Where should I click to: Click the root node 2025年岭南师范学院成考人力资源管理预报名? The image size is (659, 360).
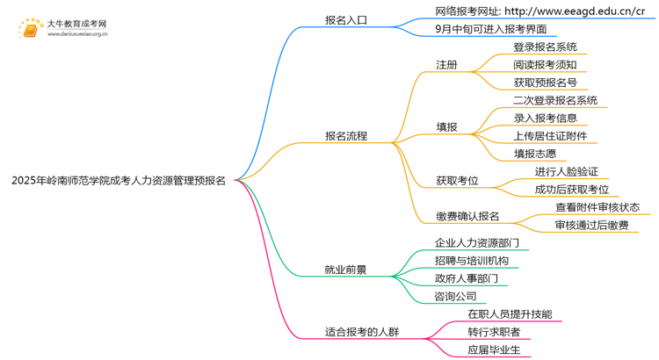tap(118, 181)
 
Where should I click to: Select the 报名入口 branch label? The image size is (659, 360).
tap(346, 19)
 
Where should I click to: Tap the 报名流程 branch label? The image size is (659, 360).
tap(346, 136)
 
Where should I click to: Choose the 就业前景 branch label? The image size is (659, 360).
tap(346, 270)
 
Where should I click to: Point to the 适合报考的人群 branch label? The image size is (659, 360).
tap(362, 332)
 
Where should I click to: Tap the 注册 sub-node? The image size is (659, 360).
tap(446, 65)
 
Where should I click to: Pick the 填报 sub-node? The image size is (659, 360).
tap(446, 126)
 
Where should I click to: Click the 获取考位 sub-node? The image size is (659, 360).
tap(457, 181)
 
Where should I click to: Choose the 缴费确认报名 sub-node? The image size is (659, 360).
tap(467, 216)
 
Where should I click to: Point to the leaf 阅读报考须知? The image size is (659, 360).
tap(545, 65)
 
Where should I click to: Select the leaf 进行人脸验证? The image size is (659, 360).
tap(567, 171)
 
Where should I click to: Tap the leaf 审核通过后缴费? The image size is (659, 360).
tap(591, 226)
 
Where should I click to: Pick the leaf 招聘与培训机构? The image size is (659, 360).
tap(471, 261)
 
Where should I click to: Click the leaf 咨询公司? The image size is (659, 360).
tap(455, 296)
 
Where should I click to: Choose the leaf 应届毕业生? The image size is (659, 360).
tap(494, 350)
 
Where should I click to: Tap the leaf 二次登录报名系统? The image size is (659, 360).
tap(555, 100)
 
